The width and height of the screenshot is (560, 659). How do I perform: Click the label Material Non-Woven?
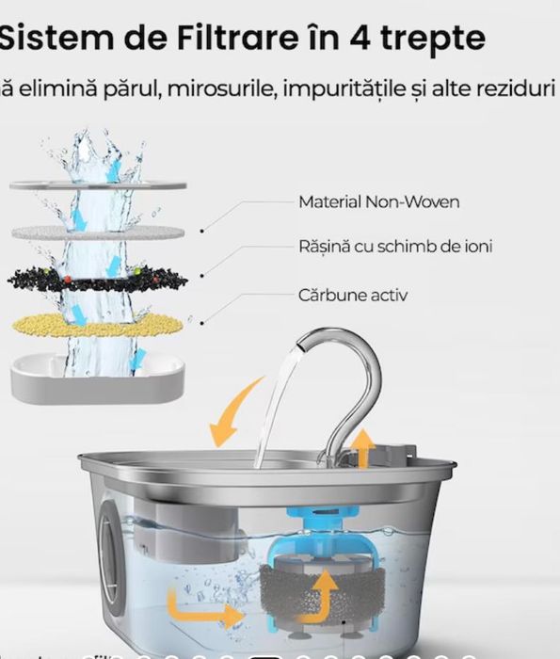(x=365, y=201)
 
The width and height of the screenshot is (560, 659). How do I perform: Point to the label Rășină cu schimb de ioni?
(x=395, y=247)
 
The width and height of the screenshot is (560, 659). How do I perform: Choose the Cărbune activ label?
(x=353, y=295)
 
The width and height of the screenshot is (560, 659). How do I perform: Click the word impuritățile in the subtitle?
(x=361, y=91)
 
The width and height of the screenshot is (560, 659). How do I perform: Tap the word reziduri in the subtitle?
(x=519, y=91)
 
